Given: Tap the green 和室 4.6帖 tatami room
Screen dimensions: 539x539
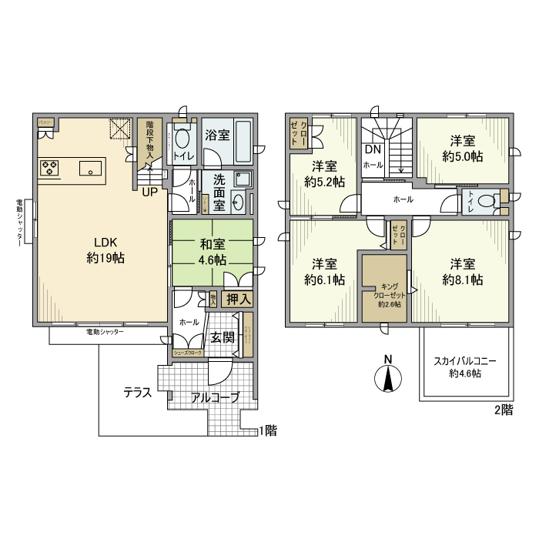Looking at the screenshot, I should click(x=213, y=252).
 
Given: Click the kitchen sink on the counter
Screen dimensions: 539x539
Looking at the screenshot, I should click(x=90, y=168).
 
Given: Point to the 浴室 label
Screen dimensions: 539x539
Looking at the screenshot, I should click(x=216, y=136).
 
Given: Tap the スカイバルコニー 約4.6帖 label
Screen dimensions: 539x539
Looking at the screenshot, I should click(x=465, y=367).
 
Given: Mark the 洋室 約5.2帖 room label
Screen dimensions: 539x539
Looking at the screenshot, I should click(x=324, y=174).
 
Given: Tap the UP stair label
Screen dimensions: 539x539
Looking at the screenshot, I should click(x=150, y=192).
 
